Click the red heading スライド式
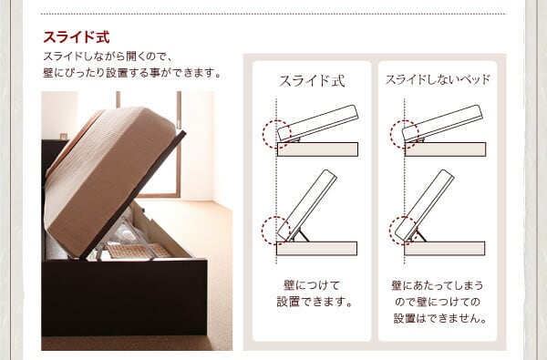click(x=77, y=37)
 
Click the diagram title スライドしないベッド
click(x=438, y=80)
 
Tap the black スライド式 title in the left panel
click(x=312, y=81)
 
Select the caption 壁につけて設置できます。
click(x=315, y=293)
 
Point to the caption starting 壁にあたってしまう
click(x=439, y=302)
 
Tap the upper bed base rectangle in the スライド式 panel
click(x=317, y=149)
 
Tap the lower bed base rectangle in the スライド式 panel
click(x=316, y=249)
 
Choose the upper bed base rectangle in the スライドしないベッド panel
click(x=445, y=149)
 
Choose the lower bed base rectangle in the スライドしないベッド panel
click(x=445, y=249)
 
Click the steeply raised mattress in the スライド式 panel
click(x=307, y=205)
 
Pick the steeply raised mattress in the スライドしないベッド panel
click(x=425, y=205)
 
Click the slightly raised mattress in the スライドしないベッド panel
click(x=443, y=123)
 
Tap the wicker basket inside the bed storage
click(x=138, y=252)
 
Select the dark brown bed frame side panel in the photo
click(x=124, y=297)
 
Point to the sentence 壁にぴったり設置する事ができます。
click(x=132, y=73)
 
